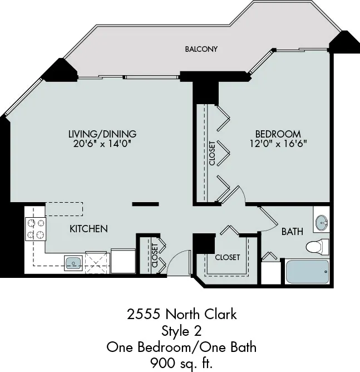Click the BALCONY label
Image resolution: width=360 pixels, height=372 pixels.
pos(201,49)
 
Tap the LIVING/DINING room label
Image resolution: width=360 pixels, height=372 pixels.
pos(102,134)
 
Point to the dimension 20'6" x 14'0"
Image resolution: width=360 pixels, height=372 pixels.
pos(102,144)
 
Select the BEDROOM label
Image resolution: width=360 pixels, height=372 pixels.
pos(278,134)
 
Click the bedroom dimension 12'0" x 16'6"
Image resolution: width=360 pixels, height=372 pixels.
pos(278,144)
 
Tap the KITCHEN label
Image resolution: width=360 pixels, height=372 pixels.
pos(88,229)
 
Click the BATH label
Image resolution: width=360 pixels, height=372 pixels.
pos(292,231)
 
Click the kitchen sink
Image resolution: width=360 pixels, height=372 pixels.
pos(73,261)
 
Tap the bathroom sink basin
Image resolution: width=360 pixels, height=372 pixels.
pos(321,224)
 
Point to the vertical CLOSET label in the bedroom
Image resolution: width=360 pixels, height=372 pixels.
pos(212,152)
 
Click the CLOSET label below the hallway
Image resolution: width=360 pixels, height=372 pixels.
pos(227,257)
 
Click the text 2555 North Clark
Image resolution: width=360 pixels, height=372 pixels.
pos(181,314)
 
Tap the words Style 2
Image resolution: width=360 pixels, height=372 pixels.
pos(181,331)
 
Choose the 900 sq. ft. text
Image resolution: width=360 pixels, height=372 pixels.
pos(181,364)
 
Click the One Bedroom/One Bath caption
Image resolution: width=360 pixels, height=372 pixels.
pos(181,347)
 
